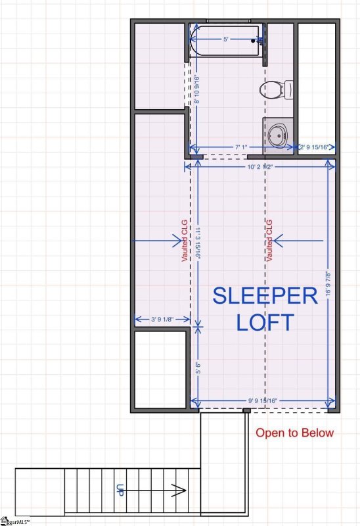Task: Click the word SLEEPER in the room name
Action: [x=265, y=296]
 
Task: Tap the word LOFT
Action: [x=265, y=323]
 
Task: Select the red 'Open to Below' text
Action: [x=294, y=433]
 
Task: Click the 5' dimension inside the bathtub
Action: [x=225, y=40]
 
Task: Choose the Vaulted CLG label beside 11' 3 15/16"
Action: [x=185, y=241]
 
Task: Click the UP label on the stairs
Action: [x=120, y=489]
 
